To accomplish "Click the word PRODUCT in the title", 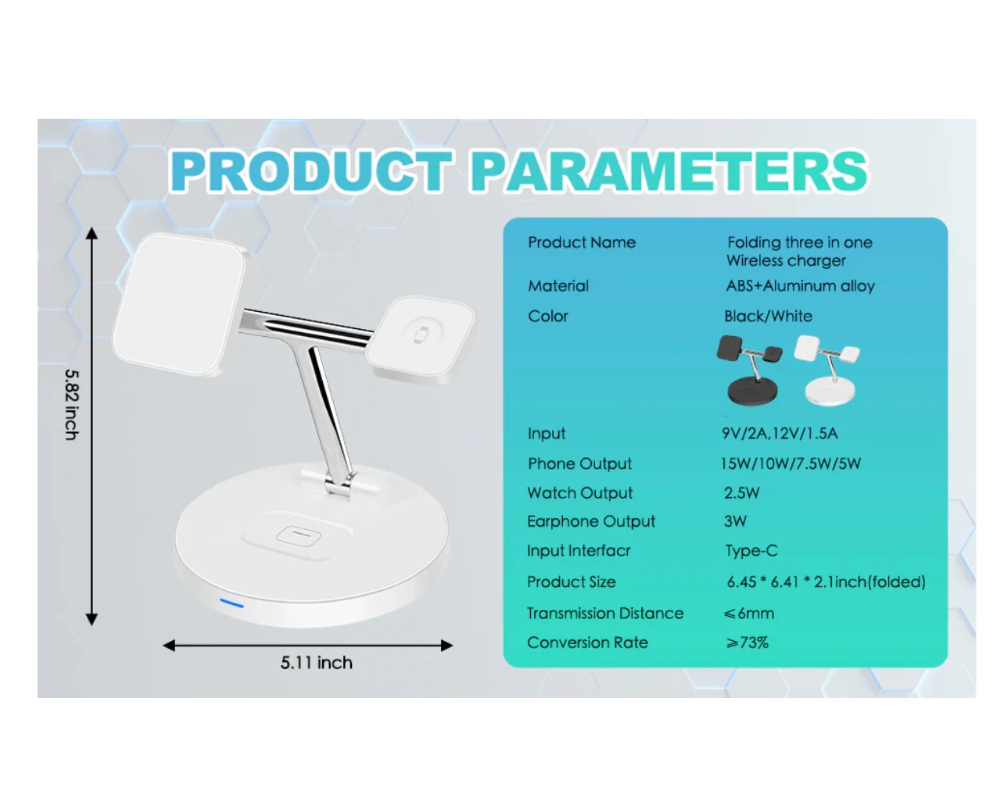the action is pos(311,171).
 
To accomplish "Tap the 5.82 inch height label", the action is pos(71,404).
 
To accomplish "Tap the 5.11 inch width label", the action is pos(317,663).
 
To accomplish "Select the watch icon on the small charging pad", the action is pos(421,335).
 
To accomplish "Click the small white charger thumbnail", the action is pos(827,370).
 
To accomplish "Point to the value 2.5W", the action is pos(742,493).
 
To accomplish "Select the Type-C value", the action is pos(751,551).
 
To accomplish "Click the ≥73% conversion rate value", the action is pos(747,642).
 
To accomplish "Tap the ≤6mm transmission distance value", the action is pos(749,613).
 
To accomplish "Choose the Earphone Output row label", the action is pos(591,521).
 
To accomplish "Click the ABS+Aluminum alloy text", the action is pos(800,286).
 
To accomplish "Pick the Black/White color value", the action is pos(768,317).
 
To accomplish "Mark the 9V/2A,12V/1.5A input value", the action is pos(780,433).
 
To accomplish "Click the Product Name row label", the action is pos(582,242).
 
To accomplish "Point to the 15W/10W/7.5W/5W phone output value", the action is pos(791,464).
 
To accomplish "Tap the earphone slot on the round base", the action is pos(298,535).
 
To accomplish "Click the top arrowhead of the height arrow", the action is pos(92,233).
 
